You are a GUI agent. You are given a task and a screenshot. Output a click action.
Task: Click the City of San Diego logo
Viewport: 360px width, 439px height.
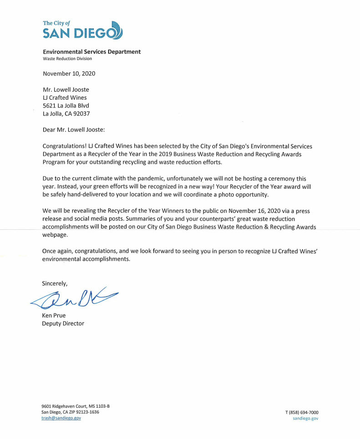pyautogui.click(x=82, y=30)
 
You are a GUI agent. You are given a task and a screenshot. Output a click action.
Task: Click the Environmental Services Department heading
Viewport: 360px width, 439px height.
pyautogui.click(x=91, y=52)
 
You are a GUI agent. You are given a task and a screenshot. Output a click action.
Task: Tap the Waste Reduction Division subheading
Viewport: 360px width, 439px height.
pyautogui.click(x=67, y=59)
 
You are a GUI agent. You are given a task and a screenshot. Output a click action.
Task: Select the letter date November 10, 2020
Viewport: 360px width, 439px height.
pyautogui.click(x=69, y=73)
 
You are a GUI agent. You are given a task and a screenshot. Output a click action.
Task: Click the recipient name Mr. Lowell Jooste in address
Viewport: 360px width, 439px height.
pyautogui.click(x=66, y=90)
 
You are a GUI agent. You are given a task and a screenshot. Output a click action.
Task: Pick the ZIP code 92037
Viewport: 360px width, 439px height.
pyautogui.click(x=87, y=114)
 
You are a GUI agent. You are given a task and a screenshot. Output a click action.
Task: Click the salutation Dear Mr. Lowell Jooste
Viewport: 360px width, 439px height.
pyautogui.click(x=73, y=130)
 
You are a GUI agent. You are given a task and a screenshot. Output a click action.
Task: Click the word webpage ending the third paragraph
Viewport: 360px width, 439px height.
pyautogui.click(x=55, y=235)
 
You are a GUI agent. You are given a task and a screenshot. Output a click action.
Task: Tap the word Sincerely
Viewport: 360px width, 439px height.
pyautogui.click(x=55, y=283)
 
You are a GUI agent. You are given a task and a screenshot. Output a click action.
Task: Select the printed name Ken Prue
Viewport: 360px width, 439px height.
pyautogui.click(x=54, y=316)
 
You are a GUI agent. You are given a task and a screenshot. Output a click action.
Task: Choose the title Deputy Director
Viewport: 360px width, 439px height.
pyautogui.click(x=63, y=323)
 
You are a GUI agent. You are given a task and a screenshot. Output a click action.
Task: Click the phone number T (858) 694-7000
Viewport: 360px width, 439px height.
pyautogui.click(x=302, y=412)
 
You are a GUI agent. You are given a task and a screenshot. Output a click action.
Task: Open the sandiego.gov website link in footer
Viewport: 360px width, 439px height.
pyautogui.click(x=305, y=418)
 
